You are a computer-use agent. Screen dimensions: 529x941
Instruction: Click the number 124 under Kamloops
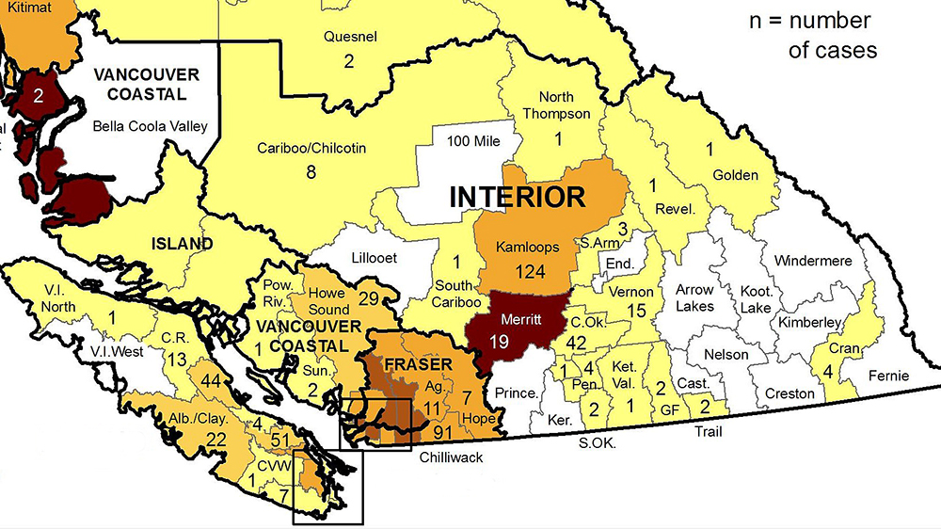pyautogui.click(x=531, y=271)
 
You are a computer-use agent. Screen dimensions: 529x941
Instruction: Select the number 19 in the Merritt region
pyautogui.click(x=500, y=341)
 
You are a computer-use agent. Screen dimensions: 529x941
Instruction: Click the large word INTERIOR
pyautogui.click(x=517, y=197)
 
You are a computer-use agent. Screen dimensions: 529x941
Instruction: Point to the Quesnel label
pyautogui.click(x=349, y=38)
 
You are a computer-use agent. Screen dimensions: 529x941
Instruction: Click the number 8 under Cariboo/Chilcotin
pyautogui.click(x=310, y=171)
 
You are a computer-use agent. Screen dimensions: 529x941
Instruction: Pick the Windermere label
pyautogui.click(x=812, y=260)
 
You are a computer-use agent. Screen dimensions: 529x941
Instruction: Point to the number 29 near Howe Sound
pyautogui.click(x=368, y=298)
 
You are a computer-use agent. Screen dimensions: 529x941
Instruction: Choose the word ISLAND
pyautogui.click(x=183, y=244)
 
